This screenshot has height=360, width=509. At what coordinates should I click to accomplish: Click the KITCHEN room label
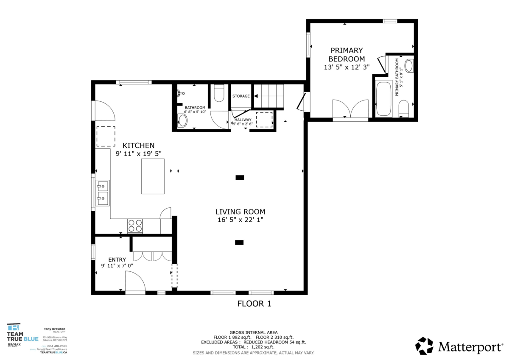138,145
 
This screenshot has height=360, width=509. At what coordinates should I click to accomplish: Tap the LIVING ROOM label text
240,212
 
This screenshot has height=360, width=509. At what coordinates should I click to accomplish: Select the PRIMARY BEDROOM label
347,54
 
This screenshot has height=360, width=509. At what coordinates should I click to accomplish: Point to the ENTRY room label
117,260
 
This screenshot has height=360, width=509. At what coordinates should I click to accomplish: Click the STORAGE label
241,96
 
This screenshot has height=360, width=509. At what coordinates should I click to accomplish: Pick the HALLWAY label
243,120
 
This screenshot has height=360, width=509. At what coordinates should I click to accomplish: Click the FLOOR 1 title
254,304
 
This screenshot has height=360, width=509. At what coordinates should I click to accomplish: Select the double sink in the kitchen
102,192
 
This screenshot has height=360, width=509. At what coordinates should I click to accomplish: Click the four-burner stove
135,225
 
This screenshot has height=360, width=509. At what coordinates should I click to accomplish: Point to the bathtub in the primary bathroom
383,98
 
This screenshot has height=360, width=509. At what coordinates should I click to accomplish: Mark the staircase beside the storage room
268,96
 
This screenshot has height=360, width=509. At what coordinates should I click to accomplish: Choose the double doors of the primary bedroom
350,109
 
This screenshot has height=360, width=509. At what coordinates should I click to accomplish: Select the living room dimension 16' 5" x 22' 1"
240,220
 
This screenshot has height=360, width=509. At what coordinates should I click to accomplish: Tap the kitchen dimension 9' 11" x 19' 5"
138,153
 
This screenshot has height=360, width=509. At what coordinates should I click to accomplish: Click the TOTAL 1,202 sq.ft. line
254,347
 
